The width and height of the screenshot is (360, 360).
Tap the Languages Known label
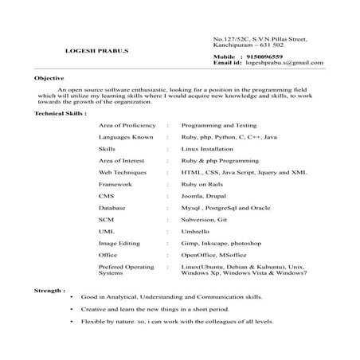[x=126, y=138]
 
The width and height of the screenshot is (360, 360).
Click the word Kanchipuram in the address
[x=234, y=45]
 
